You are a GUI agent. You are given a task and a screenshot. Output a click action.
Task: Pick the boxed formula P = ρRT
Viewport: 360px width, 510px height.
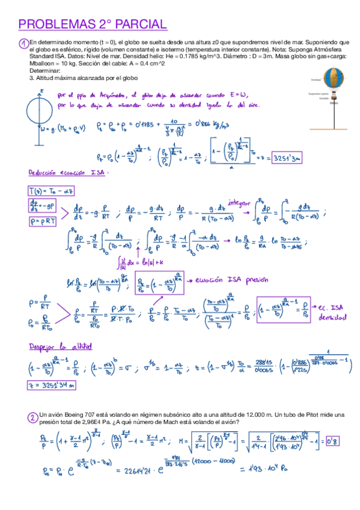click(x=43, y=221)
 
